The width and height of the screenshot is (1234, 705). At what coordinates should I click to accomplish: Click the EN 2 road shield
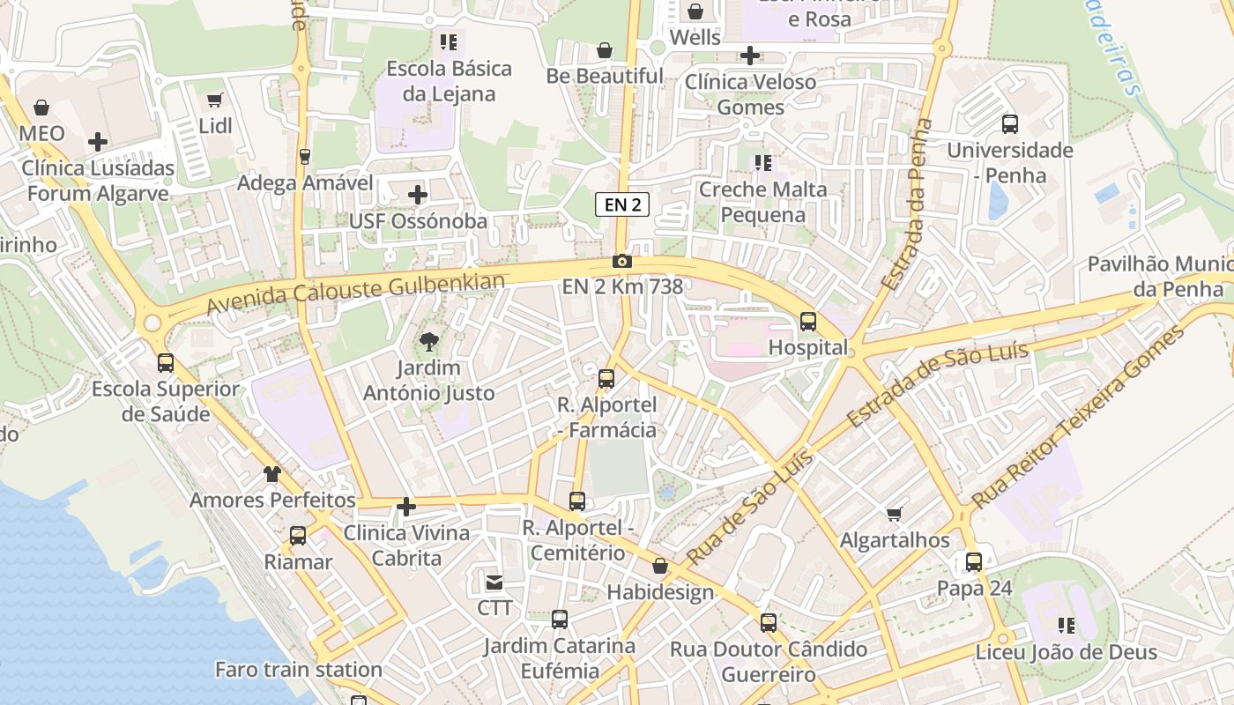622,205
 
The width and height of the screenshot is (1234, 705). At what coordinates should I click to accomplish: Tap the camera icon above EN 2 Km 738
622,261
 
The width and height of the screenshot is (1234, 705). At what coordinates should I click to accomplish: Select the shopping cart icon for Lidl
214,100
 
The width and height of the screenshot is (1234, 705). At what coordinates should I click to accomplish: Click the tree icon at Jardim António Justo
429,341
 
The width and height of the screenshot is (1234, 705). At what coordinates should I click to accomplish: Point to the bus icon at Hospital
807,322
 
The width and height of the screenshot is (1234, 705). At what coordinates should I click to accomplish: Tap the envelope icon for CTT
494,582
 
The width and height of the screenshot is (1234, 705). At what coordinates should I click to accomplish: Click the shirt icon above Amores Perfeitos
272,474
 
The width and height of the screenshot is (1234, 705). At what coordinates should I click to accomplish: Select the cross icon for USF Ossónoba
418,195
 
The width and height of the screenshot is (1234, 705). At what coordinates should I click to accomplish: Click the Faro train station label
298,670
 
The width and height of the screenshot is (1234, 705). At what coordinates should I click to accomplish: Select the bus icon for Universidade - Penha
1010,124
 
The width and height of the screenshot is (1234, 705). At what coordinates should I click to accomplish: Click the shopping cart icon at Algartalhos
895,514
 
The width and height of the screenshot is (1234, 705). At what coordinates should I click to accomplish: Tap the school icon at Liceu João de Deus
1066,626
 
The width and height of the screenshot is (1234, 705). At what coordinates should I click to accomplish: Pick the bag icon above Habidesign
659,566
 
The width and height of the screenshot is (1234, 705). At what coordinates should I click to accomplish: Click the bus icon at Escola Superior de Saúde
165,362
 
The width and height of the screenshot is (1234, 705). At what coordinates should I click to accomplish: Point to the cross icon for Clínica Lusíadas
98,141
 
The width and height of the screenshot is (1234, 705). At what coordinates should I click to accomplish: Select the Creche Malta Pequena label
763,202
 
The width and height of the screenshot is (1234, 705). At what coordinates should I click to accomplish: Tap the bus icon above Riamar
298,535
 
